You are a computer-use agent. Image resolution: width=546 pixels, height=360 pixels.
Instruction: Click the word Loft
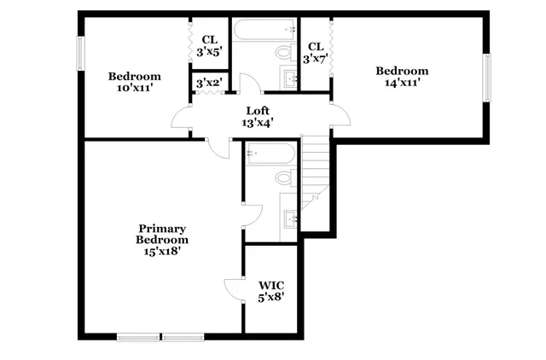point(258,110)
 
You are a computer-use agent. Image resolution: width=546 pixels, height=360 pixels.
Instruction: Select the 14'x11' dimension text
point(401,82)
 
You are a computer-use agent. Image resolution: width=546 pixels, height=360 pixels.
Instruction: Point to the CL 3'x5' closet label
point(209,46)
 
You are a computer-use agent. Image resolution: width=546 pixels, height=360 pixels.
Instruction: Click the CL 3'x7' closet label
point(315,52)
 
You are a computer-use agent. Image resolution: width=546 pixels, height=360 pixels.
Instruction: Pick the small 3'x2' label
point(208,84)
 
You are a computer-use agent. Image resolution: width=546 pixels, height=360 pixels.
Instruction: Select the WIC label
point(270,285)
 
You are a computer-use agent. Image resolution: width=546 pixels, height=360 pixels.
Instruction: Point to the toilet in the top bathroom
point(283,53)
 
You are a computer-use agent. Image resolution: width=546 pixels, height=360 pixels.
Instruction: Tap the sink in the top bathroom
point(291,79)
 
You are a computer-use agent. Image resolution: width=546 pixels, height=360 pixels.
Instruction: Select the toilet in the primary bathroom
point(285,178)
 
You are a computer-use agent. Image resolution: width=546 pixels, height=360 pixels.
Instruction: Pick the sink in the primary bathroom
point(291,217)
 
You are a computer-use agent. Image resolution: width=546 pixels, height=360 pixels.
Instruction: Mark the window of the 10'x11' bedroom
point(81,55)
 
